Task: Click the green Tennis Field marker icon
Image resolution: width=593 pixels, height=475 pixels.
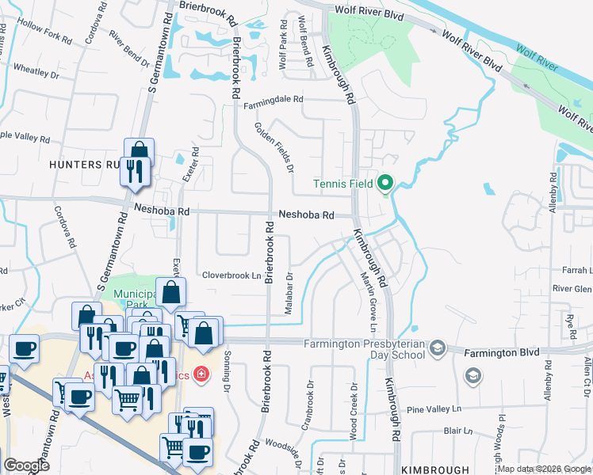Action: click(x=385, y=184)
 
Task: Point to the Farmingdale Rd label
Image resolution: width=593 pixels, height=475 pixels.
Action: click(x=274, y=100)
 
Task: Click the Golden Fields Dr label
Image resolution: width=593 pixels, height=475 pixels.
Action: click(x=274, y=148)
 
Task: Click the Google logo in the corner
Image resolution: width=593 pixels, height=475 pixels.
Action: click(x=26, y=465)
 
